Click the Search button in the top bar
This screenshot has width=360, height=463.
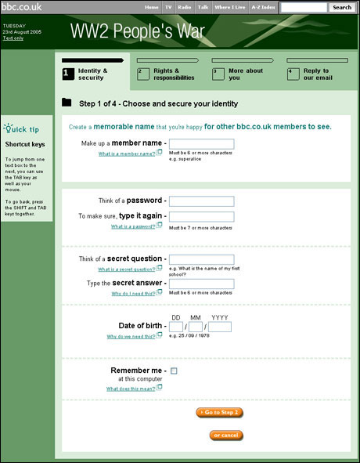click(x=342, y=7)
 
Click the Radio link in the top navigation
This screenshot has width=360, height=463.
click(x=185, y=7)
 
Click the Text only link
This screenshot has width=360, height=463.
click(x=13, y=38)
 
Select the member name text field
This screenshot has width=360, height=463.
click(x=201, y=144)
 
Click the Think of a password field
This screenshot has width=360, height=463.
click(x=201, y=201)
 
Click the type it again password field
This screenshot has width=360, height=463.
click(x=201, y=216)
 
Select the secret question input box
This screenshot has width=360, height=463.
click(x=201, y=259)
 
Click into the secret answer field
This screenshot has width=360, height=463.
click(x=201, y=284)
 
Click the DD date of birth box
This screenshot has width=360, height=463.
click(x=176, y=327)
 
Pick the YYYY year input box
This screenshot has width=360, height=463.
click(x=220, y=327)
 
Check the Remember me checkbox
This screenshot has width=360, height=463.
click(x=174, y=371)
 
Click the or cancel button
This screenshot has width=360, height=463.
click(x=227, y=435)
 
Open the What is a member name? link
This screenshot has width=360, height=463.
click(x=127, y=154)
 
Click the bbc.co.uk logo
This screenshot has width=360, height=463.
click(x=21, y=7)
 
